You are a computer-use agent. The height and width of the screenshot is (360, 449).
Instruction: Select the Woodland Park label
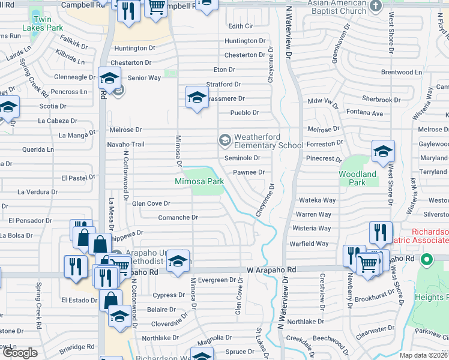[361, 178]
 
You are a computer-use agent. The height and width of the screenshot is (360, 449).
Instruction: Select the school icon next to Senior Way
[110, 79]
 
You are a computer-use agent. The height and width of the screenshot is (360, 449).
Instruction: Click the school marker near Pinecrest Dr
[383, 152]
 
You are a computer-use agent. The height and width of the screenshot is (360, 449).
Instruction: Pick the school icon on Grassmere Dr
[197, 98]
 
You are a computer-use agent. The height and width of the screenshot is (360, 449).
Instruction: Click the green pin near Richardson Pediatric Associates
[427, 260]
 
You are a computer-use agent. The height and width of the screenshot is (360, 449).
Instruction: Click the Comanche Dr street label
[178, 217]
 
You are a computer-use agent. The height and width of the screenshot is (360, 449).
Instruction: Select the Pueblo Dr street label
[244, 112]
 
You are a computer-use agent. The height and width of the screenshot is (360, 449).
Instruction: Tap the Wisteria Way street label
[312, 229]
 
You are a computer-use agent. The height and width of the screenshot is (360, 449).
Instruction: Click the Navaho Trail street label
[126, 144]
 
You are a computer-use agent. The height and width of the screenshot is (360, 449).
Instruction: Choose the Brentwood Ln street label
[418, 72]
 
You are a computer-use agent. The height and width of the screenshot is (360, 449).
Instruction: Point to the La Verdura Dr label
[37, 192]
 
